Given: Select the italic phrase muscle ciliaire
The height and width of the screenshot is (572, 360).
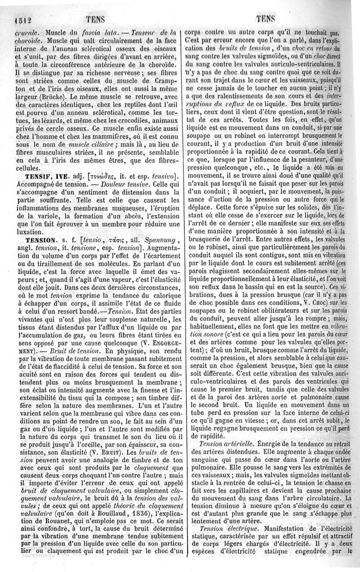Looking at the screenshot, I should pyautogui.click(x=96, y=144).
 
